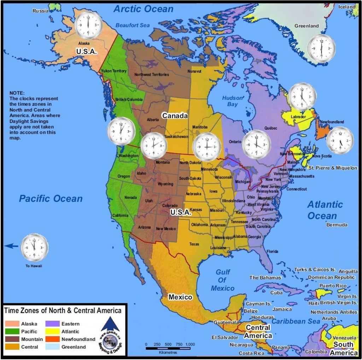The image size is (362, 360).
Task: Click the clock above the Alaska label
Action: coord(88,25)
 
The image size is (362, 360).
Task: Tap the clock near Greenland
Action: coord(321,49)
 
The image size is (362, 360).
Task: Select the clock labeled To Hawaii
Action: coord(34,247)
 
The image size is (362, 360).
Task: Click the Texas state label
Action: coord(194,244)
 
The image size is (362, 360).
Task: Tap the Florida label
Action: coord(273,251)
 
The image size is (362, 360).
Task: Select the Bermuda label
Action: coord(337,225)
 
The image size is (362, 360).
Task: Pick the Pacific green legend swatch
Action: coord(12,331)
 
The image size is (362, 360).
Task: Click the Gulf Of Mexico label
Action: coord(223,280)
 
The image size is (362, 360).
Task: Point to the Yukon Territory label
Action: coord(113,71)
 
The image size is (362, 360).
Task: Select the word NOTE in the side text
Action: coord(17,93)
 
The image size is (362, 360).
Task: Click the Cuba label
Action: coord(276,293)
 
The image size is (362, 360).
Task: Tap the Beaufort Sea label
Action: coord(133,25)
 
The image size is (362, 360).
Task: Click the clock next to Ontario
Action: coord(256,144)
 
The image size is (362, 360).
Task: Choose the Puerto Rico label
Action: coord(333,286)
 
